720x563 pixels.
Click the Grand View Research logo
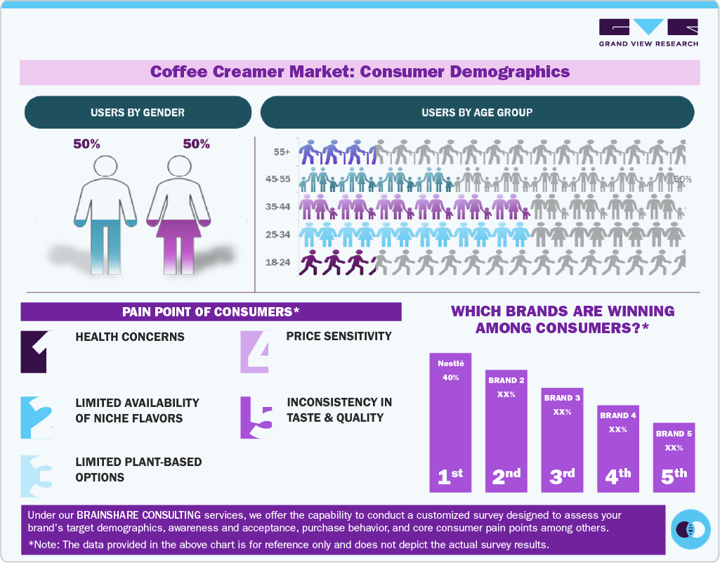coord(648,32)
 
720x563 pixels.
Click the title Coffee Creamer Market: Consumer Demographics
coord(360,72)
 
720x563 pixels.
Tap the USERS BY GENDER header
coord(138,112)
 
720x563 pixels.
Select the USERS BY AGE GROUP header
coord(477,112)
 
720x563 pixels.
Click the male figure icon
coord(107,211)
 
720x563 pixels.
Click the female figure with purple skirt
coord(178,211)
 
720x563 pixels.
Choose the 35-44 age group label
coord(279,207)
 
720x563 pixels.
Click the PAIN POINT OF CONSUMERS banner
coord(211,312)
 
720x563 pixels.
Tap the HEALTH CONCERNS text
coord(130,337)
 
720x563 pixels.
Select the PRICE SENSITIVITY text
coord(339,336)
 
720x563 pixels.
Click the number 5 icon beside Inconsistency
coord(256,418)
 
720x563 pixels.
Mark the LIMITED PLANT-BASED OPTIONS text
coord(138,470)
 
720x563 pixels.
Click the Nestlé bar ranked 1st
coord(450,422)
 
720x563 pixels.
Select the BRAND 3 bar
coord(561,439)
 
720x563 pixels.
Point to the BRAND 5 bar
coord(674,457)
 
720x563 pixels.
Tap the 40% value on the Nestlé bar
coord(450,377)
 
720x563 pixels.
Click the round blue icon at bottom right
coord(691,529)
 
